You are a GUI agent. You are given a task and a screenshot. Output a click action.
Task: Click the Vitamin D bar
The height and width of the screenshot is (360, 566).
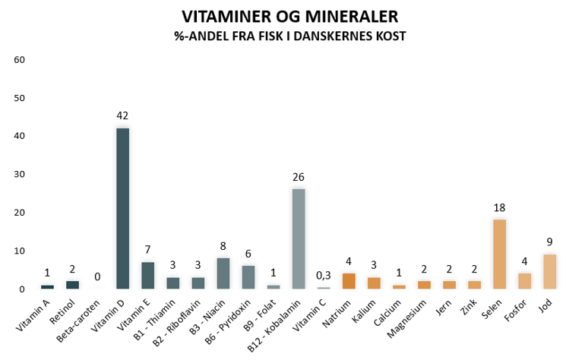point(122,209)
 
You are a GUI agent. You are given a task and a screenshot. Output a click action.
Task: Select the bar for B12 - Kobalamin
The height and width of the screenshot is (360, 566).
point(299,239)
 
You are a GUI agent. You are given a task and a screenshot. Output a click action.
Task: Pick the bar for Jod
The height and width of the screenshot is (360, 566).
point(549,272)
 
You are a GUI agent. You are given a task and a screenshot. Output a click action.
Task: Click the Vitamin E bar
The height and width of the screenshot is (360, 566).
point(147,276)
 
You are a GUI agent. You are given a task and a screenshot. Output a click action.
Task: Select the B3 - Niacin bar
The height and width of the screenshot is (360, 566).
point(223,273)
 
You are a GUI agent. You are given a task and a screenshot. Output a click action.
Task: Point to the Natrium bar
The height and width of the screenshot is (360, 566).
point(349,281)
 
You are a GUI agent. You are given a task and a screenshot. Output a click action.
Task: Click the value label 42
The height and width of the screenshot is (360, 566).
point(122,115)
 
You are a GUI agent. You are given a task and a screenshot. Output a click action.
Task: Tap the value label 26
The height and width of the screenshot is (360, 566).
point(299,177)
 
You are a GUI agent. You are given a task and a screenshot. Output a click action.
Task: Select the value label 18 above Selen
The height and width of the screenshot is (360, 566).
point(499,207)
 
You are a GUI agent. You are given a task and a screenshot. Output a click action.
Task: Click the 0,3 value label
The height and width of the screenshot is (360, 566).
point(324,276)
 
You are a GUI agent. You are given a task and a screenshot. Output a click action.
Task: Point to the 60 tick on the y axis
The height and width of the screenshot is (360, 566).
point(21,60)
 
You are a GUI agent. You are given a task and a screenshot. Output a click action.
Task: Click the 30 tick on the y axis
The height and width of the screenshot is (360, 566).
point(21,175)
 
